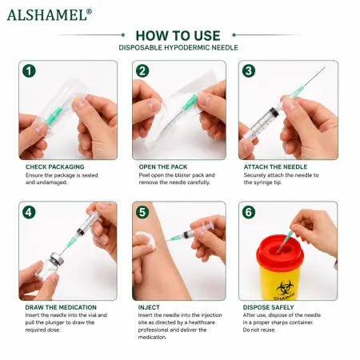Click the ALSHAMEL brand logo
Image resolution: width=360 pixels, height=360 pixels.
(50, 15)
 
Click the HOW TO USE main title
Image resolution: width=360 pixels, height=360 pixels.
(178, 36)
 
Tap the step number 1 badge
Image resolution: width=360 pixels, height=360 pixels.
(29, 71)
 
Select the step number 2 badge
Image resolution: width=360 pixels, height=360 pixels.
(142, 71)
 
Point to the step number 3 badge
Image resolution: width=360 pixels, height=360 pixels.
(249, 71)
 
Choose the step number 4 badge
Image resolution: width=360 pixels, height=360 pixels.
(29, 213)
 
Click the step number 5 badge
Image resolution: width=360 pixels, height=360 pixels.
(142, 213)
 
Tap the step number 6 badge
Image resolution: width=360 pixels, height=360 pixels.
(249, 212)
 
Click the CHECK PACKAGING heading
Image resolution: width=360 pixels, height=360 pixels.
(55, 167)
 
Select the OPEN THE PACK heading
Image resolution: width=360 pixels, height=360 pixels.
(163, 167)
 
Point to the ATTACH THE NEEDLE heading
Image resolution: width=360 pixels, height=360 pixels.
(275, 167)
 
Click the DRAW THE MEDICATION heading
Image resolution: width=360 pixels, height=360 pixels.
(61, 307)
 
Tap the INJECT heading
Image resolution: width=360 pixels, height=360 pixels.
(149, 307)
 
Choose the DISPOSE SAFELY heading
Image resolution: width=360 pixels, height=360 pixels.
(268, 307)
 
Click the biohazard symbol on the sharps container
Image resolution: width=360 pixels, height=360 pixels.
(285, 287)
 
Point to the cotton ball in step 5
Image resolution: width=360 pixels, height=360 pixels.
(146, 241)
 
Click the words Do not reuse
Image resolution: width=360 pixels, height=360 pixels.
(259, 330)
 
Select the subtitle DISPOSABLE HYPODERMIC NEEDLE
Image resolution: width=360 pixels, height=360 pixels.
(178, 48)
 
